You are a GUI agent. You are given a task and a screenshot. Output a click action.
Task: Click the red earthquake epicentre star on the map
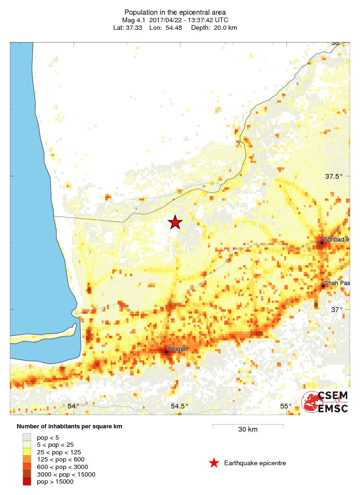pos(175,222)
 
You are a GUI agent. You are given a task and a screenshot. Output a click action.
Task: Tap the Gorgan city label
pos(178,349)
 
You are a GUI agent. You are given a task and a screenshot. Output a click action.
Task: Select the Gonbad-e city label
pos(336,240)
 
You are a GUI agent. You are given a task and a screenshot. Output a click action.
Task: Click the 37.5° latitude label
pos(334,176)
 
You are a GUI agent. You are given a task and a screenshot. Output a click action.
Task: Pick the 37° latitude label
pos(336,310)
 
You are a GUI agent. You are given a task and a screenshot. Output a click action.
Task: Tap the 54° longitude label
pos(73,406)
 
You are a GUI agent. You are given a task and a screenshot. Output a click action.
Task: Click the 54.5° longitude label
pos(180,406)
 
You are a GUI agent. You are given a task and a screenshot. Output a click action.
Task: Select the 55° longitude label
pos(285,406)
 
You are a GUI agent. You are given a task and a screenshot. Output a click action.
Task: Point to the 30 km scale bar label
pos(248,429)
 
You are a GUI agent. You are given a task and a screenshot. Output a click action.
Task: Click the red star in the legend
pos(214,463)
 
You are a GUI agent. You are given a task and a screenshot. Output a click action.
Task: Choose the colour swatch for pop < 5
pos(27,437)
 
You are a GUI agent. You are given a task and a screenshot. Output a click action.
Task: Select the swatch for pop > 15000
pos(27,481)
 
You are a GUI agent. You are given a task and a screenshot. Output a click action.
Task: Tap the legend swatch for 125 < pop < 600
pos(27,459)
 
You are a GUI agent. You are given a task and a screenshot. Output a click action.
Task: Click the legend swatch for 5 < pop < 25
pos(27,444)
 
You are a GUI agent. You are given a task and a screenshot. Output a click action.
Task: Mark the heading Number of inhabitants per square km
pos(69,426)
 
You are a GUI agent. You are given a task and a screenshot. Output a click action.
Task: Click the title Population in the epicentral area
pos(175,12)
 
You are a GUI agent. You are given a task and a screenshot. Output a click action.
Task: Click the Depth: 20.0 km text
pos(214,28)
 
